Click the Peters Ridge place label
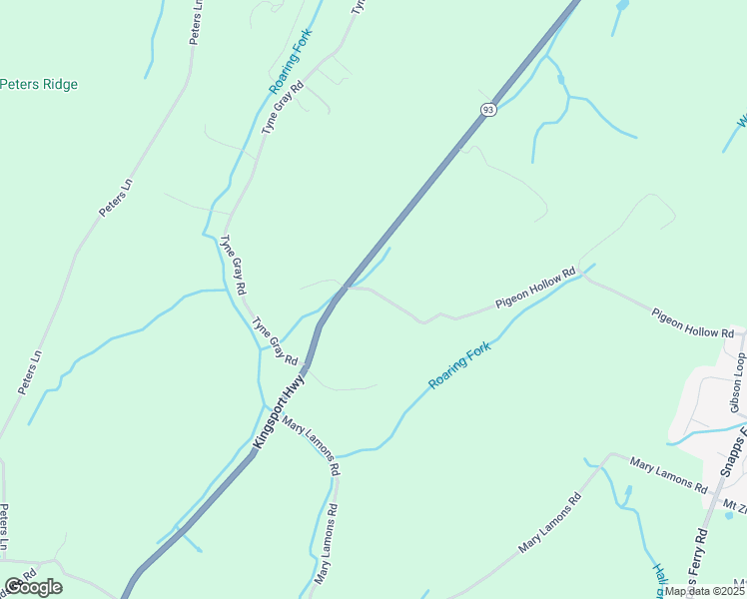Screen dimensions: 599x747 point(39,85)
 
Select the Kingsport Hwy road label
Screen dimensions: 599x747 point(280,409)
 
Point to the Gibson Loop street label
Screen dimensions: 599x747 point(738,382)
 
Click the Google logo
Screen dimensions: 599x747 point(33,587)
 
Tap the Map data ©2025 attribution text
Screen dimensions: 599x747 point(703,591)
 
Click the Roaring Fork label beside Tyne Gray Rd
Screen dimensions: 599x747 point(291,62)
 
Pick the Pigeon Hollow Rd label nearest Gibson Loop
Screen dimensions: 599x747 point(699,321)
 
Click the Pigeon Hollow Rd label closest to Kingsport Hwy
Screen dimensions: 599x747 point(536,288)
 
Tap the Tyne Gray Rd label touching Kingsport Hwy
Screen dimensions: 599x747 point(276,340)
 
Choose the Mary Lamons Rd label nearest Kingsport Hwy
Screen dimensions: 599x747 point(312,444)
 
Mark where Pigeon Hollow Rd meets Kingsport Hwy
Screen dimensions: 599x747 point(346,288)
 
